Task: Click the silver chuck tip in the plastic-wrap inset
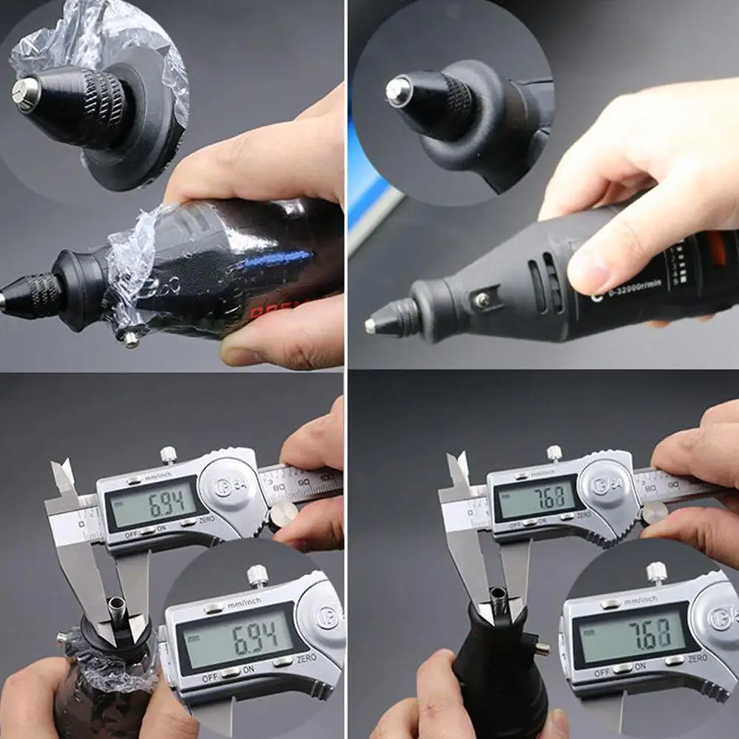pyautogui.click(x=24, y=94)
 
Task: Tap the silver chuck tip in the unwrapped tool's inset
pyautogui.click(x=398, y=92)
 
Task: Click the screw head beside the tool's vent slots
pyautogui.click(x=482, y=300)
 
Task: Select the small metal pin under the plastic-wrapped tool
pyautogui.click(x=131, y=339)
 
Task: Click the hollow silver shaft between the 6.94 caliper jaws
pyautogui.click(x=116, y=608)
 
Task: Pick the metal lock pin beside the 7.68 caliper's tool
pyautogui.click(x=540, y=649)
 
